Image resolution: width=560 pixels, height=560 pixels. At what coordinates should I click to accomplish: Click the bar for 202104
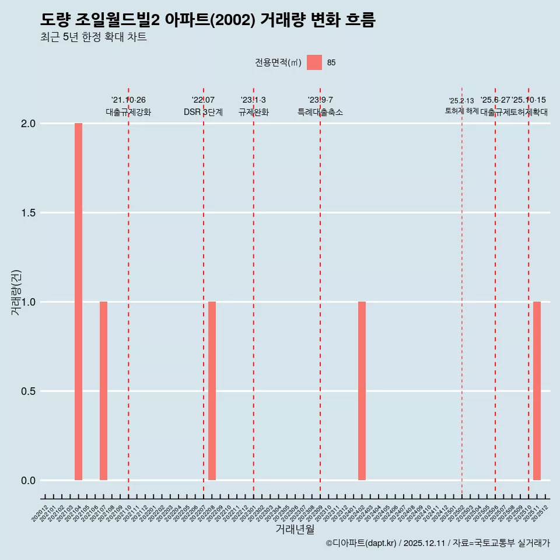point(78,302)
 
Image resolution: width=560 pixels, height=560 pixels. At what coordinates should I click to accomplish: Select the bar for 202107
point(103,391)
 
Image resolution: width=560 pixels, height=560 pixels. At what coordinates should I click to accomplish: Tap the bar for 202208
point(212,391)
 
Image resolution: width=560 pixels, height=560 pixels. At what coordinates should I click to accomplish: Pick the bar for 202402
point(362,391)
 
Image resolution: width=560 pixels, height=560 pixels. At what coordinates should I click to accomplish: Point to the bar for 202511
point(537,391)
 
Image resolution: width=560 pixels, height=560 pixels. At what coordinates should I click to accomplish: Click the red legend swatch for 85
point(314,62)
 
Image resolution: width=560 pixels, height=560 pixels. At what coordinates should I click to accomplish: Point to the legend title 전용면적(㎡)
point(278,63)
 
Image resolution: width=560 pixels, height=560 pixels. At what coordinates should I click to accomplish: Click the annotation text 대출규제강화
point(128,112)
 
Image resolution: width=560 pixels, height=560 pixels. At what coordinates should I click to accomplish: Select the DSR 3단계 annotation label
point(203,112)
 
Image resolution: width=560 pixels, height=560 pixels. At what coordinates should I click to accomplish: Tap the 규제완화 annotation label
point(253,112)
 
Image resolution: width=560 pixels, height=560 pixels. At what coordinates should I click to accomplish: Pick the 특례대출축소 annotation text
point(320,112)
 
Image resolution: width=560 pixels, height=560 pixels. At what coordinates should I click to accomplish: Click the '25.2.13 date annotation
point(461,101)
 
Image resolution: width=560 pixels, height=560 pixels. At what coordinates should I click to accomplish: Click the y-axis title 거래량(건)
point(16,292)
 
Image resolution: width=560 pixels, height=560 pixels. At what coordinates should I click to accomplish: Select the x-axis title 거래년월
point(295,530)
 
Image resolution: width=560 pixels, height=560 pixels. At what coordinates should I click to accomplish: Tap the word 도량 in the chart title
point(55,20)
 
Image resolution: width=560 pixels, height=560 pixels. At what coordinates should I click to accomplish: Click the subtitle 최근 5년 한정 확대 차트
point(93,38)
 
